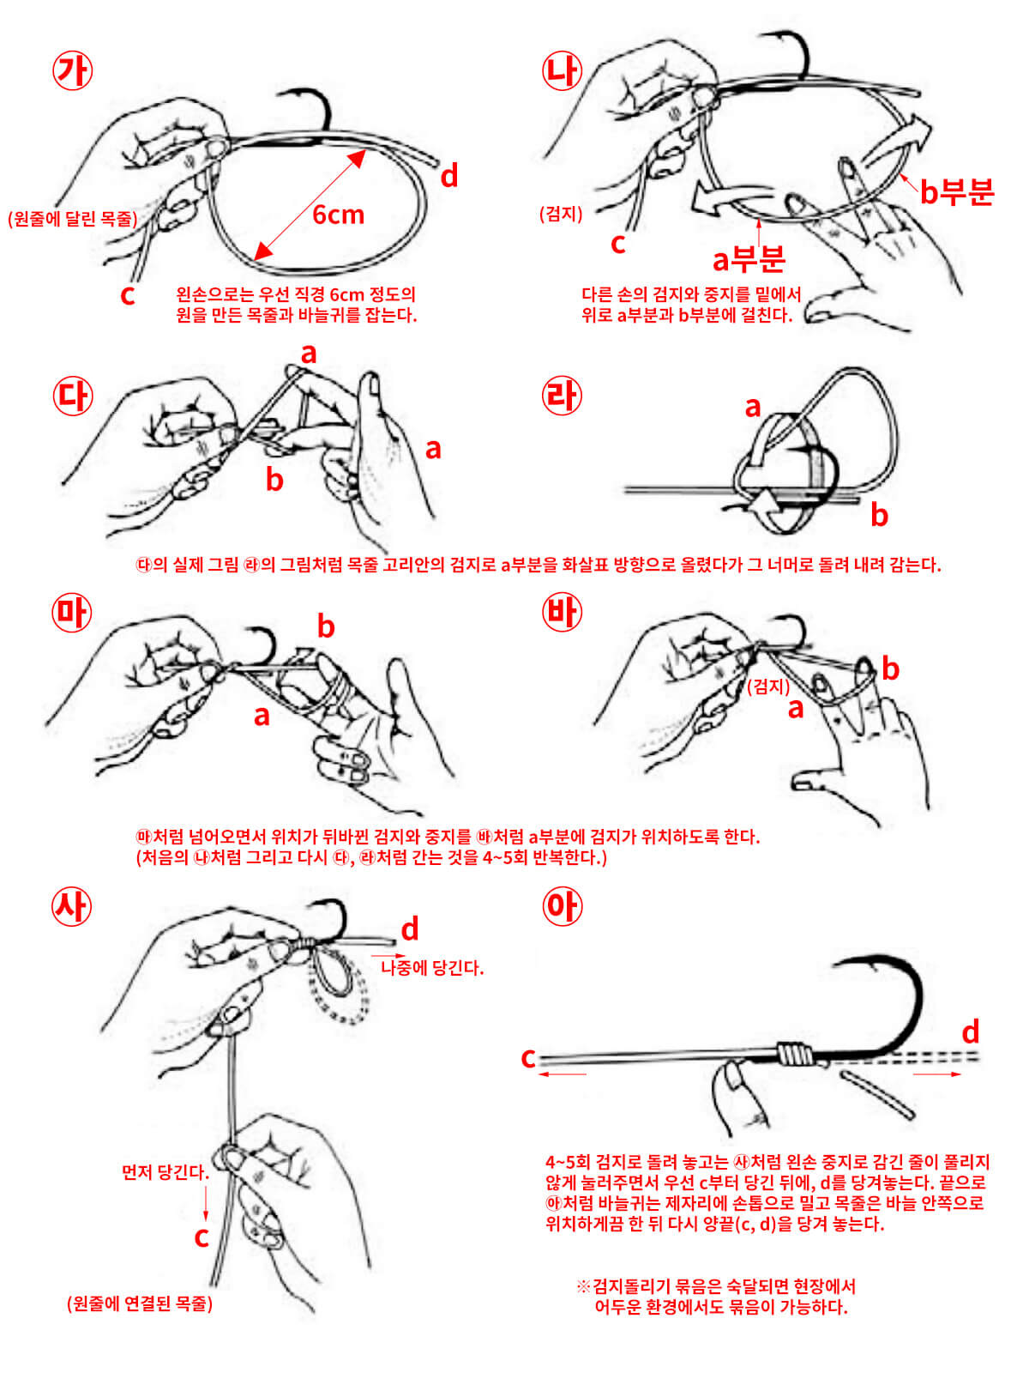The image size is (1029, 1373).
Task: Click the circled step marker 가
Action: (x=72, y=70)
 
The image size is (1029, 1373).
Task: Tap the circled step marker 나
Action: (x=563, y=70)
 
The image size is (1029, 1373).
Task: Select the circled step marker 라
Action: (x=563, y=396)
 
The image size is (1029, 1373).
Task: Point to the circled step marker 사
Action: (x=72, y=906)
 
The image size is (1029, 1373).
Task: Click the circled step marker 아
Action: (x=563, y=906)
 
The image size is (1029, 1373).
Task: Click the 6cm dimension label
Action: (x=338, y=214)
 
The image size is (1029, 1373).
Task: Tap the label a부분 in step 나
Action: (x=749, y=257)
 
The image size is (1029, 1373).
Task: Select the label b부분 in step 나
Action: (x=956, y=192)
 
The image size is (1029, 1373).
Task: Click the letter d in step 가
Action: (x=448, y=176)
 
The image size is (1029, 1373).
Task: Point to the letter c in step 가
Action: (x=128, y=295)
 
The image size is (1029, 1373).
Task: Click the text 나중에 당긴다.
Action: (x=432, y=968)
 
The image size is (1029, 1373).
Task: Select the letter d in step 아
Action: (x=970, y=1031)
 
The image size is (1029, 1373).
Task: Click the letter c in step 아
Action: (x=528, y=1058)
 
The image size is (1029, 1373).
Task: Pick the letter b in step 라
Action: (x=879, y=515)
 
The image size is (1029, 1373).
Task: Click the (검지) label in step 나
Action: (x=561, y=214)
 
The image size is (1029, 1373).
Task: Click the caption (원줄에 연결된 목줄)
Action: (x=140, y=1303)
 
